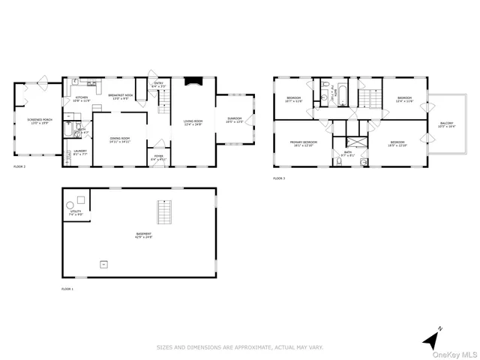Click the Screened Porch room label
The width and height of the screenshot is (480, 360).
click(38, 121)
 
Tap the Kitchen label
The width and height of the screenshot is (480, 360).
click(82, 98)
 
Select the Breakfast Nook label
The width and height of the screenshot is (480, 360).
click(120, 97)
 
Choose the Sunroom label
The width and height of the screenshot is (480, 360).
click(235, 121)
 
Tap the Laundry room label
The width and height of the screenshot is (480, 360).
click(79, 152)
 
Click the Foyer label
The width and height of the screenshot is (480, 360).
click(158, 159)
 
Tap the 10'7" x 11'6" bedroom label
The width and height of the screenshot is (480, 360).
click(293, 100)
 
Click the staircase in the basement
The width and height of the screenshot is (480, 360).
click(163, 213)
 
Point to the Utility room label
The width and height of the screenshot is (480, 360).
click(75, 213)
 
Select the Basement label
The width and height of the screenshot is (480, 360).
click(142, 235)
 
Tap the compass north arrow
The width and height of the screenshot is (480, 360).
click(431, 339)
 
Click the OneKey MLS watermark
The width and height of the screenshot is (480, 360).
click(459, 353)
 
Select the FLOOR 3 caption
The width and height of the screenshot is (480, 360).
click(279, 178)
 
